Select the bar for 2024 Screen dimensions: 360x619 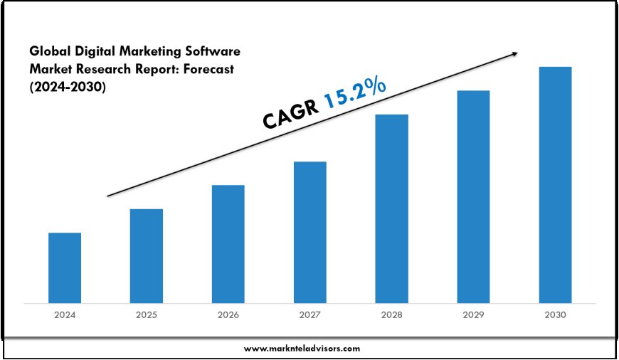pyautogui.click(x=65, y=268)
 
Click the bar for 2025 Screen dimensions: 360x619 pyautogui.click(x=147, y=255)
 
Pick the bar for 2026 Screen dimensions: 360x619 pyautogui.click(x=228, y=244)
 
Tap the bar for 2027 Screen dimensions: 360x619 pyautogui.click(x=310, y=232)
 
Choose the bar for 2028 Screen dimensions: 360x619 pyautogui.click(x=392, y=208)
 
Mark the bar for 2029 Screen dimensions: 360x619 pyautogui.click(x=473, y=196)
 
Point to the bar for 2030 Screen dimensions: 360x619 pyautogui.click(x=555, y=184)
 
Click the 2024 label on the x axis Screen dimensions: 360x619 pyautogui.click(x=65, y=314)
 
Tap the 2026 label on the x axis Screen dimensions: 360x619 pyautogui.click(x=228, y=314)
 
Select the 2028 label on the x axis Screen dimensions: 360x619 pyautogui.click(x=392, y=314)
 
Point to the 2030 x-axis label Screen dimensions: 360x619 pyautogui.click(x=555, y=314)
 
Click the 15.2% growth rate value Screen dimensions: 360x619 pyautogui.click(x=356, y=95)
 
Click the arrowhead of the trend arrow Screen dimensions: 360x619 pyautogui.click(x=514, y=54)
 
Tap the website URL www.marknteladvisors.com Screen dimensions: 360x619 pyautogui.click(x=302, y=349)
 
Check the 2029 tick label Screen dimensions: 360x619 pyautogui.click(x=473, y=314)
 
